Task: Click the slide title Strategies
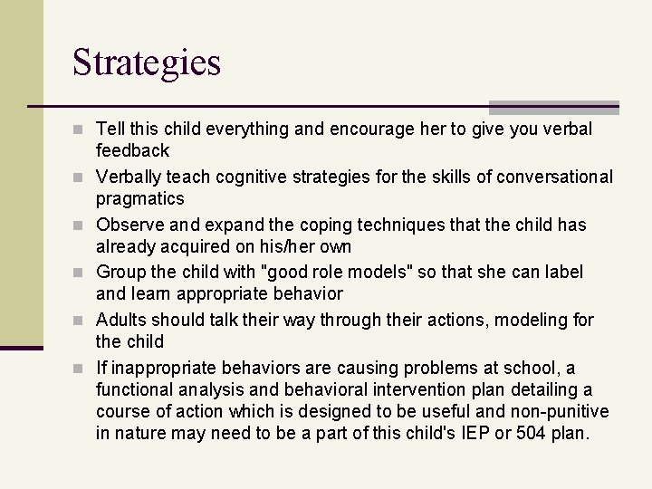click(x=147, y=63)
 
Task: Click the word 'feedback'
click(x=133, y=149)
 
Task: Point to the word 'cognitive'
click(x=264, y=177)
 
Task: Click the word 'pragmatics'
click(x=140, y=197)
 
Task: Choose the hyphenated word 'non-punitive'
click(x=563, y=411)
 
